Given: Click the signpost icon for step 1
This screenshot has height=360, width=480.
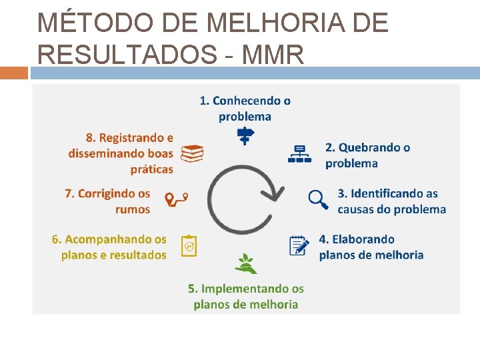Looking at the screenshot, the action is [x=245, y=135].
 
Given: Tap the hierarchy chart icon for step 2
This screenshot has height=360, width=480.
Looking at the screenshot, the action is [x=299, y=154].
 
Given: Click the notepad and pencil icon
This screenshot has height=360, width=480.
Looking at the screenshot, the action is [x=299, y=245].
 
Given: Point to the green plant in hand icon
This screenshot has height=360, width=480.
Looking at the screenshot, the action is [x=245, y=263].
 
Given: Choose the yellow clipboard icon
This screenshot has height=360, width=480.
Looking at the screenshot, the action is [x=189, y=246].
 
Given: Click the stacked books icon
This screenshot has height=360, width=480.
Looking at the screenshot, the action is [x=192, y=154].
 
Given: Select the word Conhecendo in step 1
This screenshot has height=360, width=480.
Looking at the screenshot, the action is [x=251, y=101].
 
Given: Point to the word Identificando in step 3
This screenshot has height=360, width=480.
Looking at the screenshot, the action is [x=377, y=193].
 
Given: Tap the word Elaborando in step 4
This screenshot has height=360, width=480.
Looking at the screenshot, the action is [x=365, y=239].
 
